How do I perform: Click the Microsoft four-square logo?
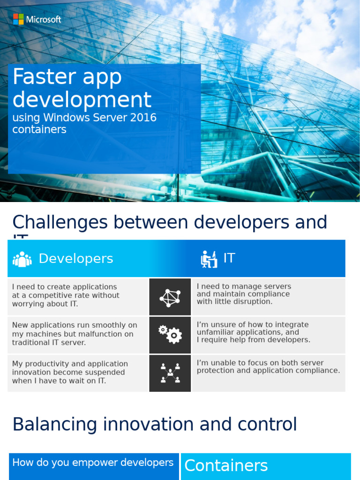pyautogui.click(x=18, y=19)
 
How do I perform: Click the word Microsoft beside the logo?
pyautogui.click(x=44, y=20)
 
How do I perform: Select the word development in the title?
pyautogui.click(x=82, y=100)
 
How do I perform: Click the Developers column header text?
pyautogui.click(x=76, y=259)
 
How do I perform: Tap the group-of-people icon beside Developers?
pyautogui.click(x=22, y=259)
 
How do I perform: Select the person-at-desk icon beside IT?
pyautogui.click(x=209, y=259)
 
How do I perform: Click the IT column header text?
pyautogui.click(x=229, y=258)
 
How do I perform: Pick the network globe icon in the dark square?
pyautogui.click(x=170, y=297)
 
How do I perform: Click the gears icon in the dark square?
pyautogui.click(x=170, y=335)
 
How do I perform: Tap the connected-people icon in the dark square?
pyautogui.click(x=170, y=373)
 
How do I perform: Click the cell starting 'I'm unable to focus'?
pyautogui.click(x=268, y=367)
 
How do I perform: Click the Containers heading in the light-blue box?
pyautogui.click(x=226, y=465)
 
